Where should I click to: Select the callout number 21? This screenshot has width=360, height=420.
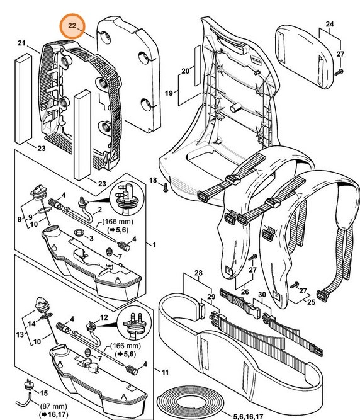point(21,43)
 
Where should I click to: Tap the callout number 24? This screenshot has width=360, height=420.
point(329,26)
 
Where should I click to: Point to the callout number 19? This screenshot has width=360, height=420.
point(169,93)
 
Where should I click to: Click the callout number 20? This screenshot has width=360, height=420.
point(185,71)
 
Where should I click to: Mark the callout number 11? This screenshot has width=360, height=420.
point(164,373)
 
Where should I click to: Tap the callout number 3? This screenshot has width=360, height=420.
point(91,238)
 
